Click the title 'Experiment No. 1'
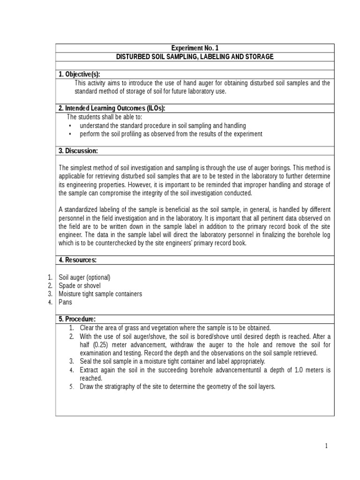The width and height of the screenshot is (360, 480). coord(195,48)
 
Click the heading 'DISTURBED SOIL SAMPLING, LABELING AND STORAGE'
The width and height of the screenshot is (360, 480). coord(195,57)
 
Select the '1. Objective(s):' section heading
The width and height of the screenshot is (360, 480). coord(79,75)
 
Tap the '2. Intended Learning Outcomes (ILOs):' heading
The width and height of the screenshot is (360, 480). coord(112,108)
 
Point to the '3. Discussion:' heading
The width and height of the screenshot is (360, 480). coord(78,151)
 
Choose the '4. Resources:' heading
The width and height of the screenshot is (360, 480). coord(77,260)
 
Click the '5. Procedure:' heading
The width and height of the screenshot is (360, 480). coord(77,319)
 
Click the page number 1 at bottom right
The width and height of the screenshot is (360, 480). coord(327,446)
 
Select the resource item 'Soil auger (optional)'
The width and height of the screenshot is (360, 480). coord(84,277)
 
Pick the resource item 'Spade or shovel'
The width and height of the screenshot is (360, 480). coord(80,285)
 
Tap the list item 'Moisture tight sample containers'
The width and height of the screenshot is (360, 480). coord(100,294)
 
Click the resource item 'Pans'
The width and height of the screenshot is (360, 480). coord(65,302)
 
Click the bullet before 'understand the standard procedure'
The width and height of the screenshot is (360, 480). coord(70,126)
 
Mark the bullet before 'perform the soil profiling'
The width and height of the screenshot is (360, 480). coord(70,134)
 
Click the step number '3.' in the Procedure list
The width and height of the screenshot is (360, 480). coord(72,361)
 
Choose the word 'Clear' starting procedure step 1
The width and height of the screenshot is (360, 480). coord(87,328)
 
